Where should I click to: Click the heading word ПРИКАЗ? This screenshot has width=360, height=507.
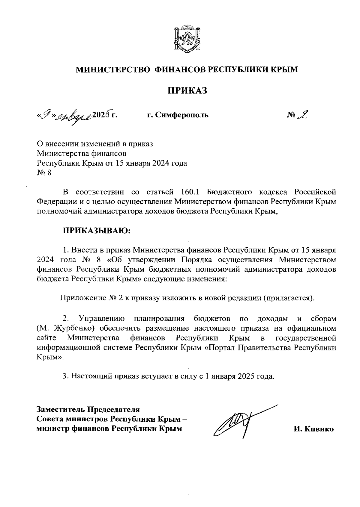tap(187, 90)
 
